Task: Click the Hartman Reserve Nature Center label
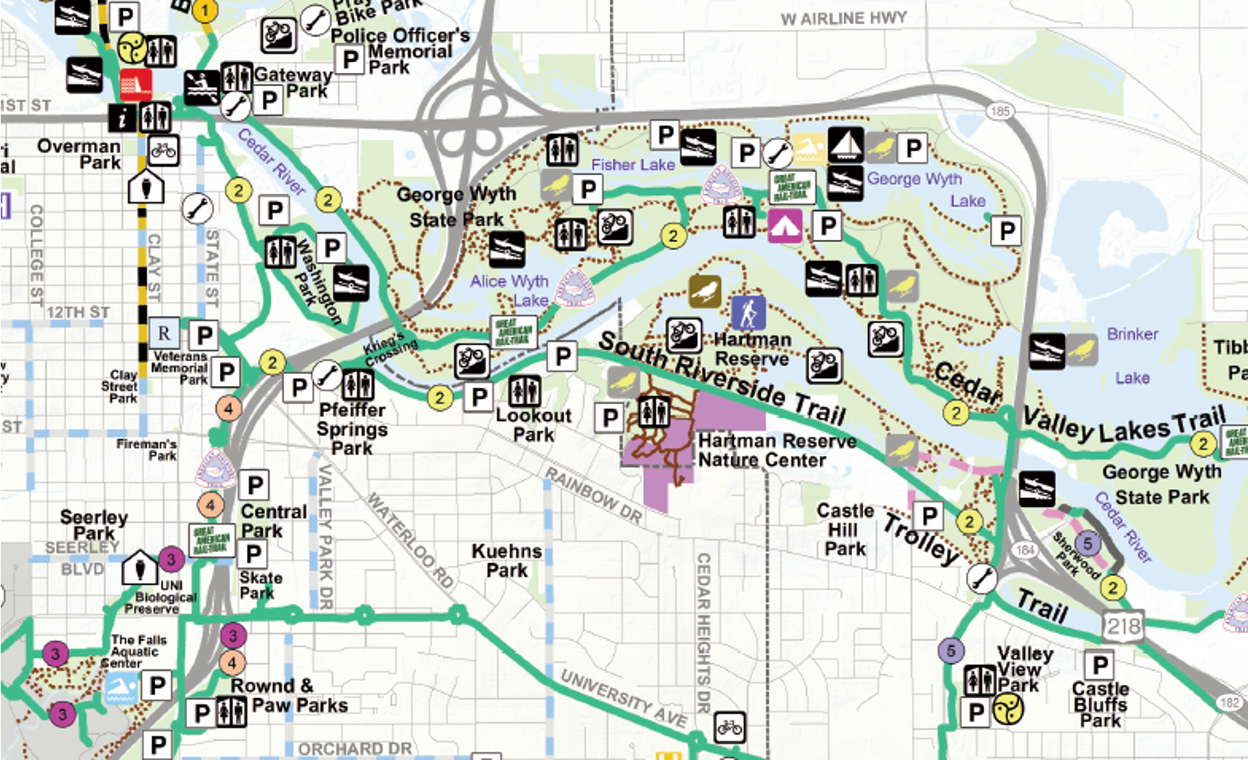point(777,451)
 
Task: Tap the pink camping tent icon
point(785,226)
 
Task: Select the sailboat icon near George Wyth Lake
point(846,145)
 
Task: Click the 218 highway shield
point(1123,627)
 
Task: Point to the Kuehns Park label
point(506,561)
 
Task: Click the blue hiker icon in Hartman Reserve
point(748,313)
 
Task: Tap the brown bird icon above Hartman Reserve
point(705,291)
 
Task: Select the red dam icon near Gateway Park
point(136,84)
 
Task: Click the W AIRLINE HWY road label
point(844,18)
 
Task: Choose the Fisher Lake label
point(632,165)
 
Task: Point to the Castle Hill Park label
point(845,529)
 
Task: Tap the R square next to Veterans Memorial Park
point(164,334)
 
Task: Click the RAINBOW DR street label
point(593,495)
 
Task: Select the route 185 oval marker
point(1000,111)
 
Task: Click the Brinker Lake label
point(1132,355)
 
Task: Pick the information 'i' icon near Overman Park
point(122,118)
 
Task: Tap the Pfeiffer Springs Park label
point(352,429)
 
